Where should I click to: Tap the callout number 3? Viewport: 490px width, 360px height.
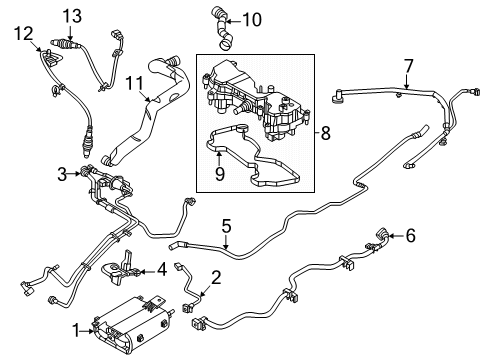pos(61,174)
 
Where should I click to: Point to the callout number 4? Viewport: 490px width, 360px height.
pos(162,269)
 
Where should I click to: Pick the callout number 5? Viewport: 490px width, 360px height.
pos(226,226)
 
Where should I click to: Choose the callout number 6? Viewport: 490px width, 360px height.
pos(412,236)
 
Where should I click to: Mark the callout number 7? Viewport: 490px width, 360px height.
pos(407,66)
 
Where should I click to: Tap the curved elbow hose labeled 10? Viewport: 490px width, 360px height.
pos(222,30)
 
